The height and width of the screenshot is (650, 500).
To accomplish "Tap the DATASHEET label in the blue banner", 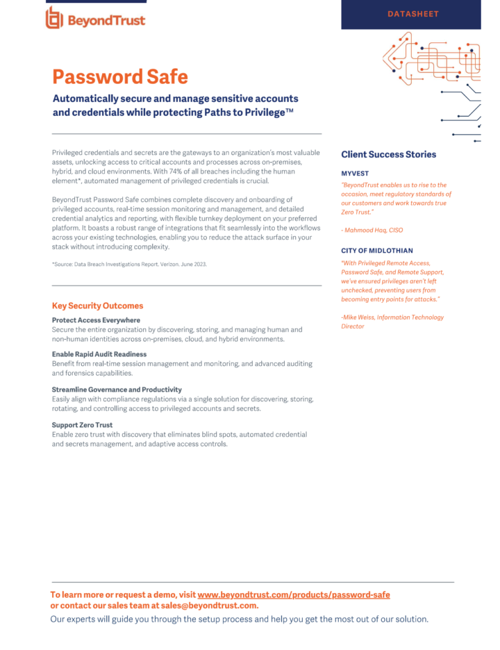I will [x=412, y=14].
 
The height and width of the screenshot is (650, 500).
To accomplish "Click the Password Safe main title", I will [x=120, y=76].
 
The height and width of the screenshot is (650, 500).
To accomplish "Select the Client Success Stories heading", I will [x=388, y=154].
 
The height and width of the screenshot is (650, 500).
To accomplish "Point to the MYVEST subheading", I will [x=354, y=173].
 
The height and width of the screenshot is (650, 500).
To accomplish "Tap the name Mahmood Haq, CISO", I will [x=374, y=230].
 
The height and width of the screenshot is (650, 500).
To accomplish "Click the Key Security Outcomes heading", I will [x=97, y=306].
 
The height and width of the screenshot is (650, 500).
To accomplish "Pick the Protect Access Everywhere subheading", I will [x=96, y=320].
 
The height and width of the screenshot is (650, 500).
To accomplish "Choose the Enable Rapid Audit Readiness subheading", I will [x=99, y=354].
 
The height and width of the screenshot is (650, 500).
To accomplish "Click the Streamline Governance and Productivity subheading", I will [x=117, y=390].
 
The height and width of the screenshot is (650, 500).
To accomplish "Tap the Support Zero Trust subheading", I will [x=82, y=424].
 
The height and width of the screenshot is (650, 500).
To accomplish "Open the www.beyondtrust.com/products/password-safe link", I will [x=293, y=595].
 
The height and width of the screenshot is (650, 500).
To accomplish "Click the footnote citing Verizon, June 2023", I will [x=129, y=265].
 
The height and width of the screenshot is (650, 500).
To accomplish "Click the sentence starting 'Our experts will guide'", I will [x=239, y=619].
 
